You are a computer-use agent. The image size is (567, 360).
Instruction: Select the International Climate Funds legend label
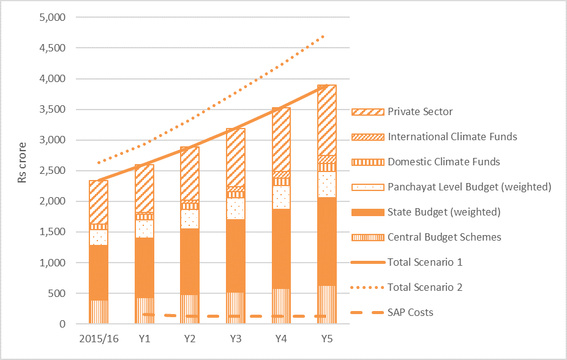(x=452, y=137)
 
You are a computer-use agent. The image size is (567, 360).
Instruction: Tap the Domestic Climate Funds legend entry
(x=444, y=162)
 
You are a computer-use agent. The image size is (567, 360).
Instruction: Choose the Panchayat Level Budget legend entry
(x=470, y=187)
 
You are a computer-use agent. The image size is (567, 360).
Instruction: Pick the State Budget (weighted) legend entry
(x=444, y=212)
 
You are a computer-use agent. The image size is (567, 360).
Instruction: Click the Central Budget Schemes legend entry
(x=444, y=237)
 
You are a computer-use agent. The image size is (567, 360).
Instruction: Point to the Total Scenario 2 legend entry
(x=425, y=287)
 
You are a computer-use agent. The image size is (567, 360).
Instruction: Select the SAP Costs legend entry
(x=410, y=312)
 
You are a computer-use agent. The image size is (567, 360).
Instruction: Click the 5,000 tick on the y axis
(x=52, y=17)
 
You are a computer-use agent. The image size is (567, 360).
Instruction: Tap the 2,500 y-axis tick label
(x=52, y=171)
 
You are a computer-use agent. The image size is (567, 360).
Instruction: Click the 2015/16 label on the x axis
(x=99, y=337)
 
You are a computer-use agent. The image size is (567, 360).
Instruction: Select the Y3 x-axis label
(x=236, y=337)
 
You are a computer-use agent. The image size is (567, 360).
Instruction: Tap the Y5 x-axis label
(x=327, y=337)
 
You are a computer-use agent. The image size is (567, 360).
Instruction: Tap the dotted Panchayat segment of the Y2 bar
(x=190, y=219)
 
